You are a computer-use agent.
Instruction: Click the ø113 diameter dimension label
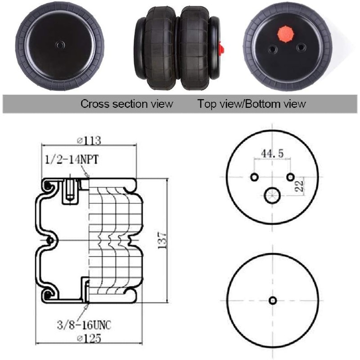89,140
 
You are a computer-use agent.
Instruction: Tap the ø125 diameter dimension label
89,338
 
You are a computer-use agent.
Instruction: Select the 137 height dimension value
162,240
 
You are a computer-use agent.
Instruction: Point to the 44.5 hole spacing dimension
272,153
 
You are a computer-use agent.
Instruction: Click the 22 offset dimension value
299,185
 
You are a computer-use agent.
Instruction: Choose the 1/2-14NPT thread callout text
72,160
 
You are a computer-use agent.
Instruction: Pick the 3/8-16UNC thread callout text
84,325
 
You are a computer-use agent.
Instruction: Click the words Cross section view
126,104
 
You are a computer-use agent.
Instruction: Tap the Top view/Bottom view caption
252,104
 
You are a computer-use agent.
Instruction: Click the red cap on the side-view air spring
221,48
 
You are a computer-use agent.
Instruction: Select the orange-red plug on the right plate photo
286,35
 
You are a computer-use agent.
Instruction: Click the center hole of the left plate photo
60,45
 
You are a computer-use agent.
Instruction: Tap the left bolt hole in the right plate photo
273,49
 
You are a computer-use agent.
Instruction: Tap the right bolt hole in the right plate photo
301,48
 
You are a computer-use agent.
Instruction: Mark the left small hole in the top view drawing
254,177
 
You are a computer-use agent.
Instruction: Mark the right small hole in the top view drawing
290,177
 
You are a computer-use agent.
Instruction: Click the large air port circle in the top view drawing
272,196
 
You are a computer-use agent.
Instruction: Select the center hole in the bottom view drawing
273,300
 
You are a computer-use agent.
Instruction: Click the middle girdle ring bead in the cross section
49,241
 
